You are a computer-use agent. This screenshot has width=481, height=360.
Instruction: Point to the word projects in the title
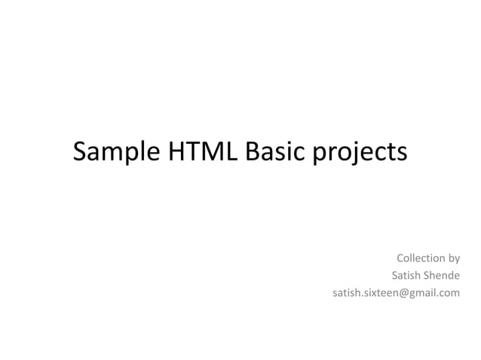click(359, 153)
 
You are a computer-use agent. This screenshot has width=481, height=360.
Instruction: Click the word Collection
click(421, 259)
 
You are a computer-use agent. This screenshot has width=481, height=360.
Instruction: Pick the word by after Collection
click(454, 260)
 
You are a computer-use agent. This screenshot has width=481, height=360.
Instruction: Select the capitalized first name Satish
click(407, 276)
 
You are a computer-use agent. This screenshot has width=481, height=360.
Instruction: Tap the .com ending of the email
click(449, 292)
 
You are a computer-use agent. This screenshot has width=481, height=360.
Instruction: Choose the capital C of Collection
click(400, 259)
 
